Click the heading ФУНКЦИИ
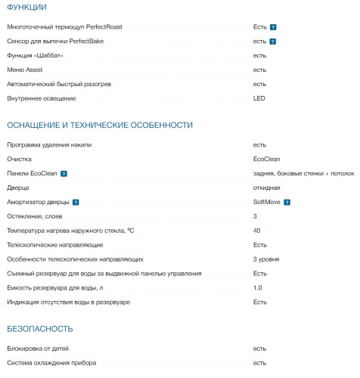coord(26,8)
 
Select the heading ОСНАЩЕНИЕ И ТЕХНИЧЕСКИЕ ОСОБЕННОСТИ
coord(100,125)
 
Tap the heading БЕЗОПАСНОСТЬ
coord(40,329)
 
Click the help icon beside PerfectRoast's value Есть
coord(273,27)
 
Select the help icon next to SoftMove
coord(287,203)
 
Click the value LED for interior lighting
coord(259,98)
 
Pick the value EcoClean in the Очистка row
coord(267,160)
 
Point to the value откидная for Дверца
coord(267,188)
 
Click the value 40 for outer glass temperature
coord(257,231)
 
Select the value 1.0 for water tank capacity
coord(258,288)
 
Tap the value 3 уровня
coord(267,259)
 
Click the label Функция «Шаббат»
coord(40,55)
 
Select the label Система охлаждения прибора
coord(52,364)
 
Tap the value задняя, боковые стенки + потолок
coord(303,174)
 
